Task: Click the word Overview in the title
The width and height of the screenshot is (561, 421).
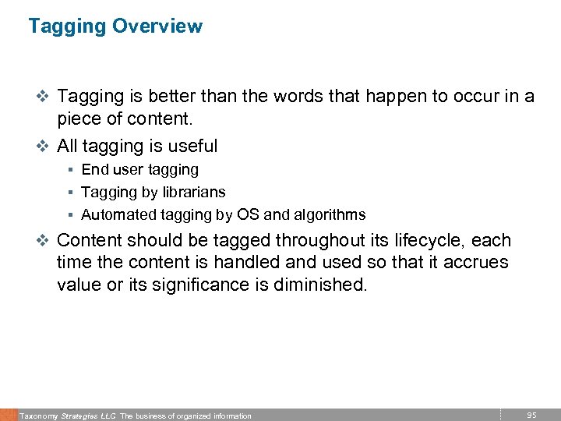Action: coord(157,26)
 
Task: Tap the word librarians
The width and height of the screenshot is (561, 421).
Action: coord(196,192)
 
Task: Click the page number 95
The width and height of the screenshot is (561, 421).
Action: coord(532,415)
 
